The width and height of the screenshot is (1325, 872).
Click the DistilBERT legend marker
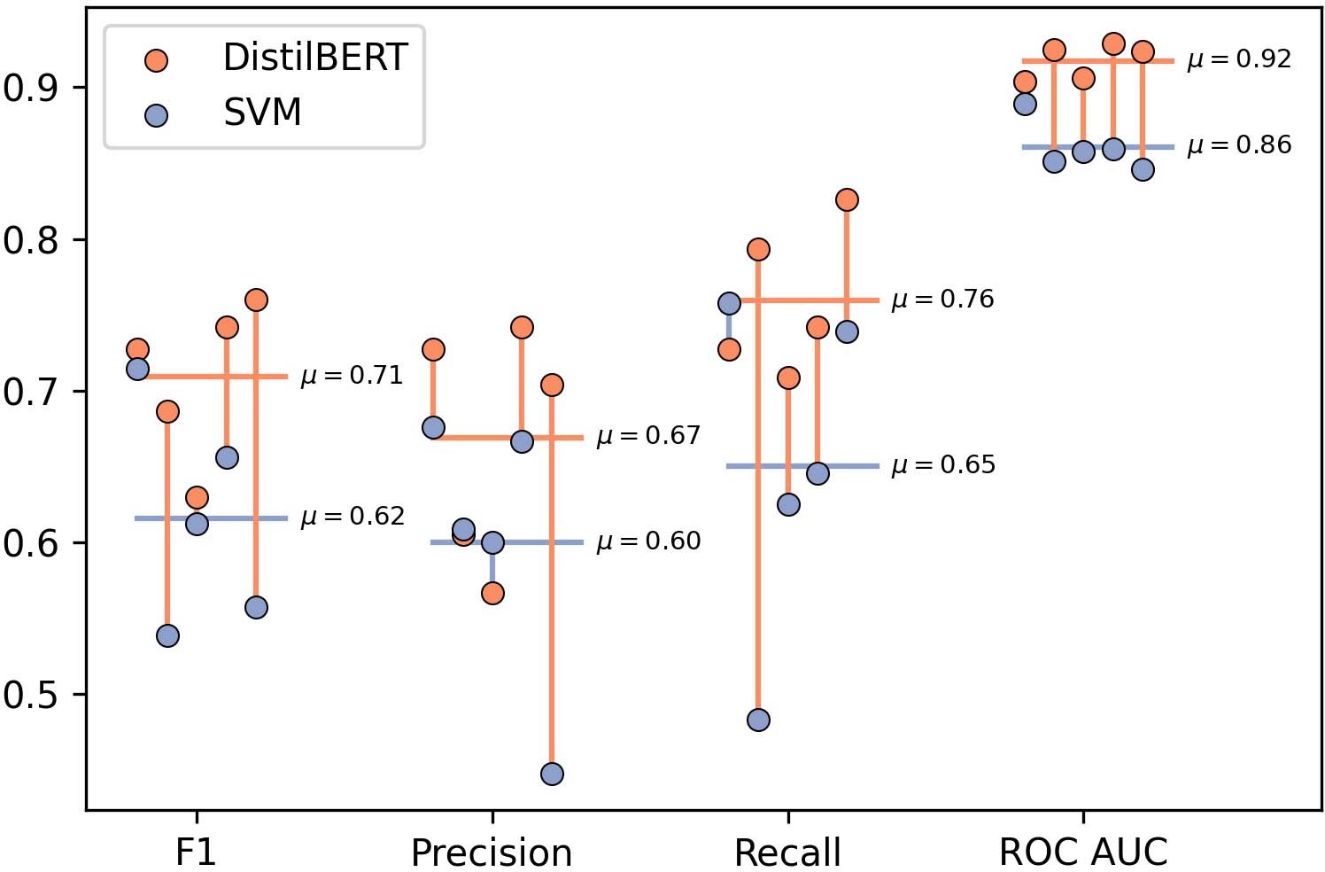coord(156,60)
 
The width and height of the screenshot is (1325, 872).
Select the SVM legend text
coord(262,113)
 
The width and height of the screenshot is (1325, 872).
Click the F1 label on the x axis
coord(196,853)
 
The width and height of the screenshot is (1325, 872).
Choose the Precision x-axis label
coord(492,853)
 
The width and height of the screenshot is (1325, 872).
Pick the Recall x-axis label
coord(787,853)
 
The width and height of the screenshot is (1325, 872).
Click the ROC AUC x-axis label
coord(1083,853)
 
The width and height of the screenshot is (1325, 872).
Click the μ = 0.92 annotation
coord(1239,59)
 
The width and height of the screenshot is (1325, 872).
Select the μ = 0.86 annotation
coord(1239,145)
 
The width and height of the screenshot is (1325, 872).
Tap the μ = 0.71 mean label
coord(352,376)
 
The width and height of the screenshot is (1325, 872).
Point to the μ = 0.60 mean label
coord(648,541)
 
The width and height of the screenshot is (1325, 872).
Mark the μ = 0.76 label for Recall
coord(942,300)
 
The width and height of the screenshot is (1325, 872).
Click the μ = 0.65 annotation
coord(943,465)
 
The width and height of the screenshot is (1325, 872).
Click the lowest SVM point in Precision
coord(552,774)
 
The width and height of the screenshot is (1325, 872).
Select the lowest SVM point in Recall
coord(758,720)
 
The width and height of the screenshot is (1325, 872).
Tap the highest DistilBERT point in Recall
coord(847,199)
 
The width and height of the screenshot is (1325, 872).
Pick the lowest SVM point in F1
coord(167,635)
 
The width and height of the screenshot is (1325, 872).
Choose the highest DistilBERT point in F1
coord(256,300)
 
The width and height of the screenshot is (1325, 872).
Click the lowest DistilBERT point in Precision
coord(492,593)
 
